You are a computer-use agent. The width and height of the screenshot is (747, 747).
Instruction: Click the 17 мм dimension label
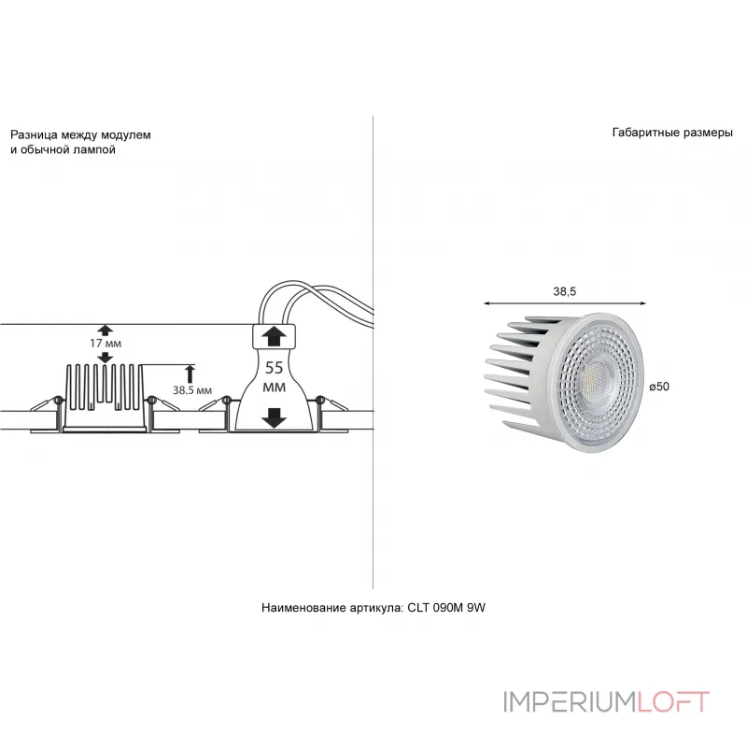click(x=106, y=343)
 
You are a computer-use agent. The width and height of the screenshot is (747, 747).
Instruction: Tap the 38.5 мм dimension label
click(x=192, y=390)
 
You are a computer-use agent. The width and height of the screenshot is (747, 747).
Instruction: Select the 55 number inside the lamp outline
click(x=274, y=368)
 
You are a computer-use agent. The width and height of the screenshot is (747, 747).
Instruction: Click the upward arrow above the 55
click(x=274, y=336)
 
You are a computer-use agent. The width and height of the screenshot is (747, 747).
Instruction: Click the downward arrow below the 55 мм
click(x=274, y=417)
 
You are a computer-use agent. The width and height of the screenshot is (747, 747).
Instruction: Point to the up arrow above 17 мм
click(x=106, y=330)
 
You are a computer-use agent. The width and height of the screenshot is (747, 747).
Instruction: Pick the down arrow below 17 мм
click(x=106, y=358)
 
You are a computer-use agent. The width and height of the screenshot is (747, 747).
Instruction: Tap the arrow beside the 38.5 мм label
click(x=190, y=373)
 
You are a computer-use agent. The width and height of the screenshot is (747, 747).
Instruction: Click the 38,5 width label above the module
click(x=565, y=291)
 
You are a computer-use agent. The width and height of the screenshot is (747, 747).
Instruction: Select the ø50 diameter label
click(x=659, y=387)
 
